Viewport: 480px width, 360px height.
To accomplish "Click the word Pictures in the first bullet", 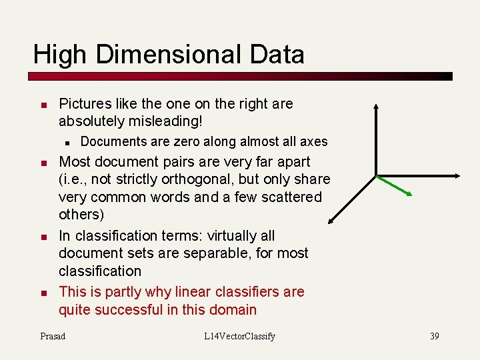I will point(84,104).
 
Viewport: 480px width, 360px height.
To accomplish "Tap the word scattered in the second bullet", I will point(291,197).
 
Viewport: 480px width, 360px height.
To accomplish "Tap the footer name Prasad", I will point(53,336).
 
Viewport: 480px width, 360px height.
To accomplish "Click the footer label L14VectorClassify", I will point(240,336).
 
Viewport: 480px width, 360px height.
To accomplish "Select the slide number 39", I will point(434,336).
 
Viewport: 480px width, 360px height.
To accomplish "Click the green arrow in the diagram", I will point(395,186).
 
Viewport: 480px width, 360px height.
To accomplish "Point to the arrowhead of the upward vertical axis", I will point(376,106).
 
